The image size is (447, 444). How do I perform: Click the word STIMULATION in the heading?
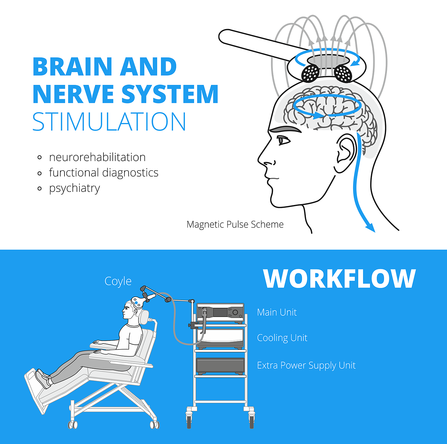click(109, 122)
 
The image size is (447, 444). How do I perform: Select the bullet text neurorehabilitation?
click(97, 157)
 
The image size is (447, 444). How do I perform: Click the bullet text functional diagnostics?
click(103, 173)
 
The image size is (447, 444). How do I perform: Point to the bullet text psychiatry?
click(74, 188)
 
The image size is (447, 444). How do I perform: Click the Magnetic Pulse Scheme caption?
click(235, 224)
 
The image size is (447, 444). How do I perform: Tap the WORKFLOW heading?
click(339, 279)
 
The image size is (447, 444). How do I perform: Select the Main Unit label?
click(277, 312)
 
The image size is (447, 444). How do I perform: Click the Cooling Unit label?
click(282, 338)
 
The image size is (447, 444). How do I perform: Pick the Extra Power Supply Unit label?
click(306, 365)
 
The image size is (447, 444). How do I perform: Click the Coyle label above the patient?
click(118, 281)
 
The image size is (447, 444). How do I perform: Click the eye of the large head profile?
click(283, 140)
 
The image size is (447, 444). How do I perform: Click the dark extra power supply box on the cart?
click(220, 366)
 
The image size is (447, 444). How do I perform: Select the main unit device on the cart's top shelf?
click(220, 312)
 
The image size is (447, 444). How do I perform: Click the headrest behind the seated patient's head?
click(144, 317)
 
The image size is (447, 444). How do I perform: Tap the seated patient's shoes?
click(43, 379)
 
